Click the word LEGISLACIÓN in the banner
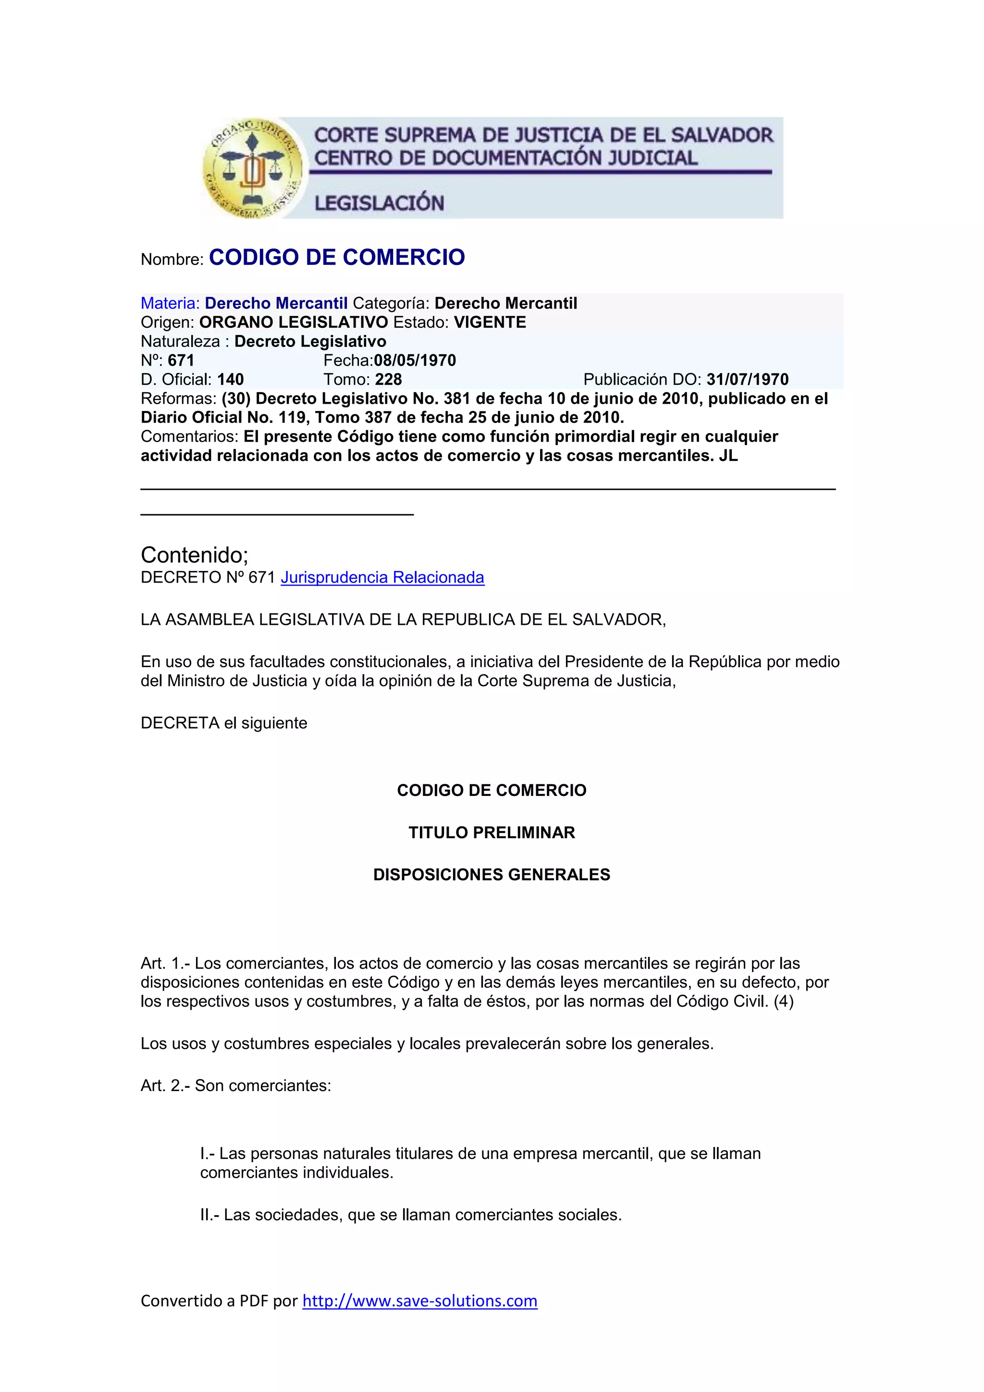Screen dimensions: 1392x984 click(x=379, y=203)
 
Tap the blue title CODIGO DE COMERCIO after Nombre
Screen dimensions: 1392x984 click(x=337, y=258)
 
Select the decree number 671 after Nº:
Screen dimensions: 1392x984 click(x=181, y=360)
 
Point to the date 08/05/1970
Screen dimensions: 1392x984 click(x=415, y=360)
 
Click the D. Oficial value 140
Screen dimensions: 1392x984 click(x=230, y=380)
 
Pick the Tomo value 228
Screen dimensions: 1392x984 click(x=388, y=380)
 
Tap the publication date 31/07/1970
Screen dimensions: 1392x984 click(x=747, y=380)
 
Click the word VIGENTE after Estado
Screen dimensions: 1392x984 click(x=490, y=323)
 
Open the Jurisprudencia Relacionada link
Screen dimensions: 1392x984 click(x=382, y=578)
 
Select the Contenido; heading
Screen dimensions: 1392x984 click(x=195, y=555)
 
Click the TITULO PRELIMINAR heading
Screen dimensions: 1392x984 click(x=492, y=833)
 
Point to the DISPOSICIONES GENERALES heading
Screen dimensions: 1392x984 click(x=492, y=875)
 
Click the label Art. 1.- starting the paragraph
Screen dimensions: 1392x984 click(x=165, y=963)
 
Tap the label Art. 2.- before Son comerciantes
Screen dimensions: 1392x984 click(x=165, y=1085)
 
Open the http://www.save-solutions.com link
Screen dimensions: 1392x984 click(x=419, y=1301)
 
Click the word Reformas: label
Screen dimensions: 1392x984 click(x=178, y=399)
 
